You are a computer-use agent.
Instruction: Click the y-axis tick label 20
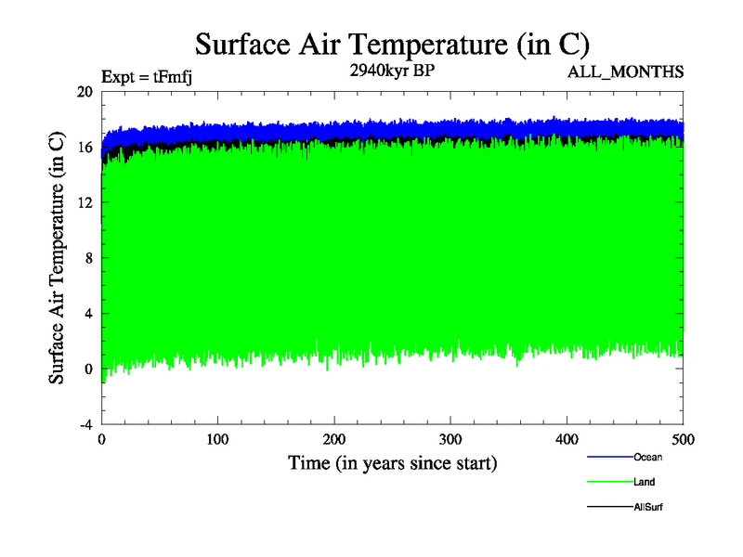pos(85,92)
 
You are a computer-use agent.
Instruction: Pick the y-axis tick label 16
pos(85,147)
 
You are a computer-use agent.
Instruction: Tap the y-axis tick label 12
pos(85,202)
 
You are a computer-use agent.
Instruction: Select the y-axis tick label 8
pos(88,258)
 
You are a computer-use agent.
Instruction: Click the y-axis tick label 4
pos(88,313)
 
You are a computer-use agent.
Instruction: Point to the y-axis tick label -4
pos(85,424)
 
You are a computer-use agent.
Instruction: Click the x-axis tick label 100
pos(218,439)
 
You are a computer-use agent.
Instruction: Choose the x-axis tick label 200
pos(334,439)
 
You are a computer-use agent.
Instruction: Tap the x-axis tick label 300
pos(450,439)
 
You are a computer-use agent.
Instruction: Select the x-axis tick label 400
pos(567,439)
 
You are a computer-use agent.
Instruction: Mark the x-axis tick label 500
pos(683,439)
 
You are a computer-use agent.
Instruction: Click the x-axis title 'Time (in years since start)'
pos(392,462)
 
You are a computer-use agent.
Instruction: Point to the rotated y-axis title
pos(58,258)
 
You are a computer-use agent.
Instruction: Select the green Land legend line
pos(608,482)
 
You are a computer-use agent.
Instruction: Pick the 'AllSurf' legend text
pos(648,507)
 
